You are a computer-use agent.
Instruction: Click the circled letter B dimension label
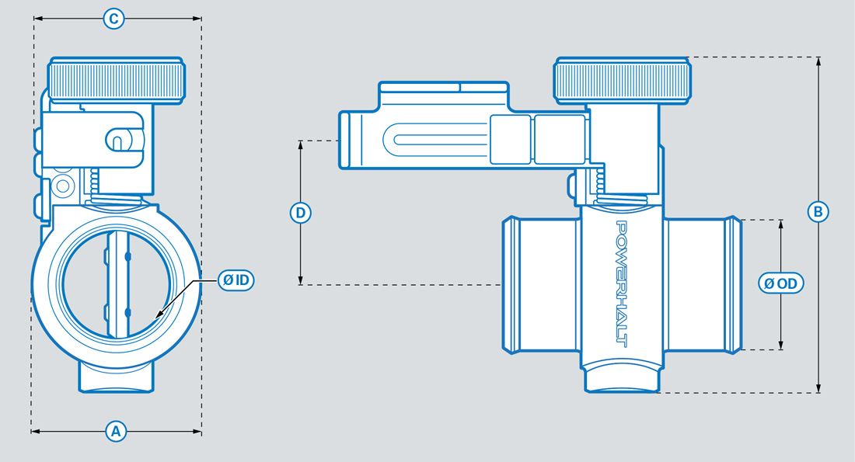click(x=818, y=211)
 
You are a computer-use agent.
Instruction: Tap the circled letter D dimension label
click(x=301, y=211)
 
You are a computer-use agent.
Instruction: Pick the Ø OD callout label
click(x=781, y=283)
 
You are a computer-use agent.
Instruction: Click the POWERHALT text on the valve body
click(x=622, y=283)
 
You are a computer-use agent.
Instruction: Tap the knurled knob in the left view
click(x=117, y=79)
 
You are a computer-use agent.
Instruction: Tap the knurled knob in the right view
click(x=622, y=79)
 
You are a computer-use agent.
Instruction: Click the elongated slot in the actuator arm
click(x=439, y=141)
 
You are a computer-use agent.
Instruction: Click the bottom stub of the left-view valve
click(x=117, y=377)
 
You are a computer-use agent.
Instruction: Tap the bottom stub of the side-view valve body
click(x=622, y=380)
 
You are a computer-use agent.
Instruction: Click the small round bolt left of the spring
click(x=61, y=185)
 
